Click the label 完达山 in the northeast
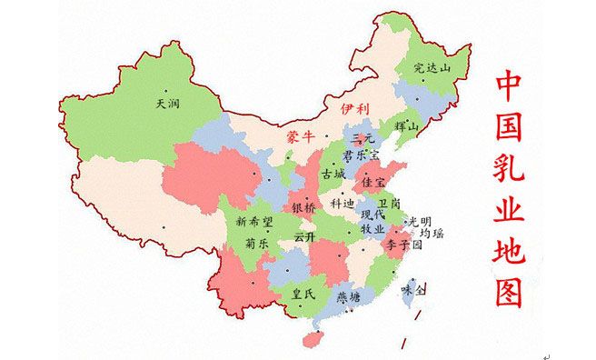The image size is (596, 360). tap(432, 67)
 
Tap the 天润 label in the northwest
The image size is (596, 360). tap(167, 104)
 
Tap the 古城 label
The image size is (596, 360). tap(333, 174)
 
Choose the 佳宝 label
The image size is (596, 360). tap(373, 182)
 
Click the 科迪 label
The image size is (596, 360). tap(343, 203)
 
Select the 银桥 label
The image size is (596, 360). tap(304, 208)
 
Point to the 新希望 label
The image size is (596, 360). tap(253, 222)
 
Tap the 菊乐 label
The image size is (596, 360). tap(256, 243)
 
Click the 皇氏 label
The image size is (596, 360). tap(302, 293)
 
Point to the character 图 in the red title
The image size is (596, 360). tap(510, 291)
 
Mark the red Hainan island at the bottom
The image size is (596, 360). tap(313, 337)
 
